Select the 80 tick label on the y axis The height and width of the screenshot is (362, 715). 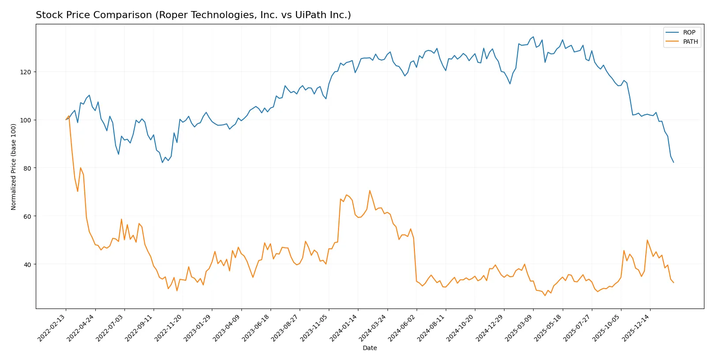pos(27,168)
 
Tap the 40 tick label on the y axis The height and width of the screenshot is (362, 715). pos(27,264)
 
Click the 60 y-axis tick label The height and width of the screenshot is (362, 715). pos(27,216)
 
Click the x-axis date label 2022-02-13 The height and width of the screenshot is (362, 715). pos(53,328)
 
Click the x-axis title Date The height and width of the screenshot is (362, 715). pos(369,348)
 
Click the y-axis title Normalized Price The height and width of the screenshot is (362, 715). pos(13,167)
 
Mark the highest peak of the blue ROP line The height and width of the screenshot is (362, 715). pos(533,37)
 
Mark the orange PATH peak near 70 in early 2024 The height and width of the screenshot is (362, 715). pos(370,191)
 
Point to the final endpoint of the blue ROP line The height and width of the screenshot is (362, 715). pos(674,162)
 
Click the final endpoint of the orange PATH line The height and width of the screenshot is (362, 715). pos(674,282)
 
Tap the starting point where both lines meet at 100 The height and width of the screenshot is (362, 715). pos(66,119)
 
